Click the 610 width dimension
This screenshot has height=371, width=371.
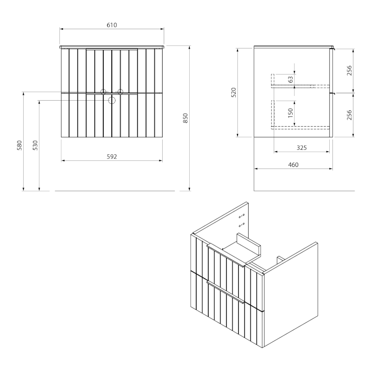coord(112,25)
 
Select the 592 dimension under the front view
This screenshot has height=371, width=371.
coord(111,157)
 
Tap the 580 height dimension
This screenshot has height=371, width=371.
coord(19,146)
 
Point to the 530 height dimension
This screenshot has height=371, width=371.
coord(36,146)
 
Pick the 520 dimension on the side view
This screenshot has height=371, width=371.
coord(234,92)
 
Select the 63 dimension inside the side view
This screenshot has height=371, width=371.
coord(291,79)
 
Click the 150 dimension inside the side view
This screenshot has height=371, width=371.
coord(291,113)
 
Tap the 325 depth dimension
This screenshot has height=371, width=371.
coord(301,148)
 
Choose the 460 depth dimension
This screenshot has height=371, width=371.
coord(293,165)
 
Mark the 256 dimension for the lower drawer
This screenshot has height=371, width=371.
coord(350,115)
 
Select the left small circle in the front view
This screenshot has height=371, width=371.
coord(104,92)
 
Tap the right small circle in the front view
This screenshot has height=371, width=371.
coord(120,92)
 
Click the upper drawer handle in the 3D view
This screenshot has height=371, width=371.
coord(226,256)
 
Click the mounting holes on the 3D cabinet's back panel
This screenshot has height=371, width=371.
coord(242,220)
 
